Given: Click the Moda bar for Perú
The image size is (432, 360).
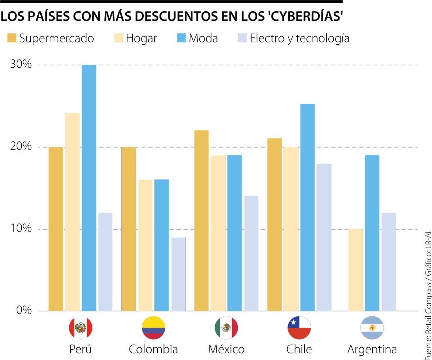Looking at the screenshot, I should pos(89,187).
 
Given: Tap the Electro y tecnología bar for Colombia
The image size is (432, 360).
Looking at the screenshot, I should pos(178,274).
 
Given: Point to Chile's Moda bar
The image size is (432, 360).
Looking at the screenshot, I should pos(307,207).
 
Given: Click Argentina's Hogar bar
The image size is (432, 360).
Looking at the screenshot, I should pos(355,270).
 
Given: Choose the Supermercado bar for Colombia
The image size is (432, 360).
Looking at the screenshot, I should pos(129,229).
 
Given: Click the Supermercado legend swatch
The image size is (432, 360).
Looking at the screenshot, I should pos(12,38).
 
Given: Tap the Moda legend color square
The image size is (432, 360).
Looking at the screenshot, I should pos(181,38).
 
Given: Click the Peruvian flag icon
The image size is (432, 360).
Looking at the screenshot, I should pos(80,328).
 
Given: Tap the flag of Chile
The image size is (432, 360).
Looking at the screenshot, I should pos(299,328).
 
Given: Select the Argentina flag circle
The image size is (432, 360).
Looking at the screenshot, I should pos(372,328).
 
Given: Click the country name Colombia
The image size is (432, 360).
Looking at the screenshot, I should pos(153,349).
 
